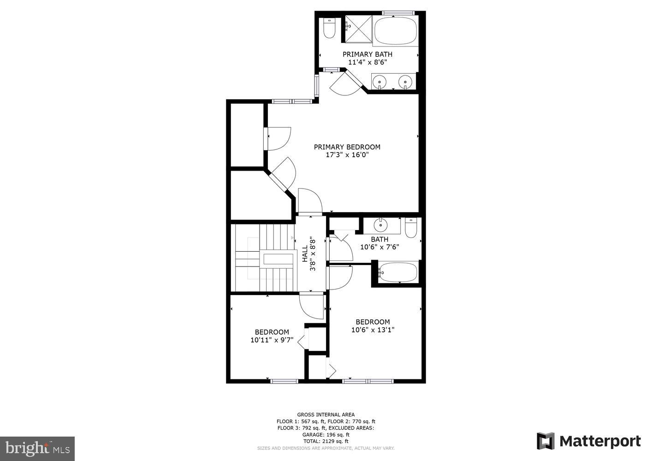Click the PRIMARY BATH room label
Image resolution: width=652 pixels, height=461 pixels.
[367, 54]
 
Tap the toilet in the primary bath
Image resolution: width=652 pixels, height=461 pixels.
[329, 29]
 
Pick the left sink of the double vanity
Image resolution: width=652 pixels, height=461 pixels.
[380, 82]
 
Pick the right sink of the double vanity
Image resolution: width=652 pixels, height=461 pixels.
[405, 82]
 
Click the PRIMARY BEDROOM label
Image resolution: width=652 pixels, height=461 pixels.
[347, 147]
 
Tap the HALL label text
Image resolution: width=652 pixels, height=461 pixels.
[305, 254]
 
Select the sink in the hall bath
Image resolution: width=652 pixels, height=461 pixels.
[381, 225]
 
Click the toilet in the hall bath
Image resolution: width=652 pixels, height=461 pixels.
[411, 227]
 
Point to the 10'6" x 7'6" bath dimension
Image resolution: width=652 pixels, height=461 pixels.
[379, 247]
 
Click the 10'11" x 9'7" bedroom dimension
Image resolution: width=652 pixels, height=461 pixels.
[272, 340]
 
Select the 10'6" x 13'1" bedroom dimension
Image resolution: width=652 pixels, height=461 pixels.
[373, 330]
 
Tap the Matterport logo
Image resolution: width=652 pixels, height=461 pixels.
[589, 441]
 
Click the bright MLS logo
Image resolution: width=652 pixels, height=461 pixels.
[37, 448]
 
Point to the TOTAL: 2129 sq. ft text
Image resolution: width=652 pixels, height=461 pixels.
[326, 441]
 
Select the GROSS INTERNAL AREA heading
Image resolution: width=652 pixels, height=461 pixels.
[326, 415]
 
